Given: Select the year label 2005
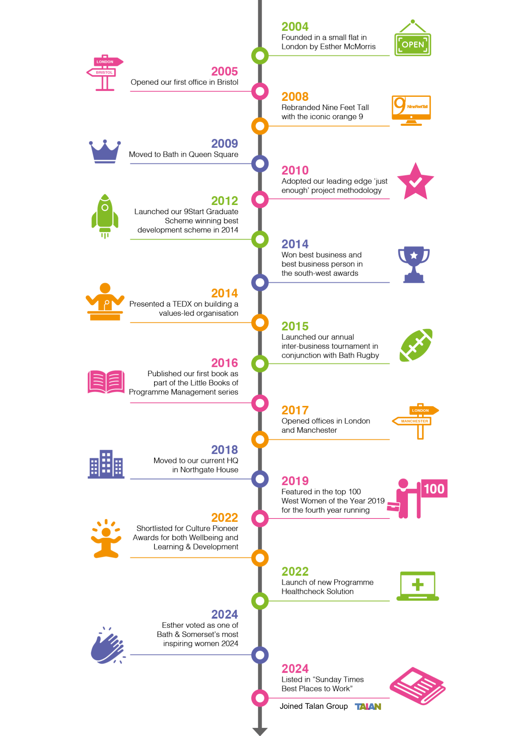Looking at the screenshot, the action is click(224, 71).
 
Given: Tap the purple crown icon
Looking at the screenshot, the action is click(105, 151).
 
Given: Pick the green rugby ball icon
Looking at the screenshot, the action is click(416, 345).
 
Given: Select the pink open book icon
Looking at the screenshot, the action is click(106, 382).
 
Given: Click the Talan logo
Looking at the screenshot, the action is click(368, 706).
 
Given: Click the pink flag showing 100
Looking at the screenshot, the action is click(434, 489).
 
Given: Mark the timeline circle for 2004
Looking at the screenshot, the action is click(260, 56).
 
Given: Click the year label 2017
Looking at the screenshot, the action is click(295, 410).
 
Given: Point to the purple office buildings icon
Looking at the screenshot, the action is click(106, 464).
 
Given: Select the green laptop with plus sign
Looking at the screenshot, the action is click(417, 586).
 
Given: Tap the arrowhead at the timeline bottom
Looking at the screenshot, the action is click(260, 731).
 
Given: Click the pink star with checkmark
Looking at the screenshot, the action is click(416, 181).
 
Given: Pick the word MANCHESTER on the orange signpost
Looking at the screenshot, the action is click(414, 421).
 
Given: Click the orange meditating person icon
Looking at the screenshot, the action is click(106, 538).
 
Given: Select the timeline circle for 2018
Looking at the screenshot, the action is click(260, 479).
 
